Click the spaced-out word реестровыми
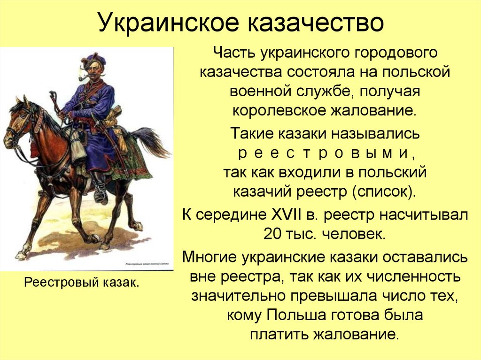pyautogui.click(x=325, y=153)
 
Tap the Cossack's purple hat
pyautogui.click(x=94, y=59)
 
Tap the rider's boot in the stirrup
pyautogui.click(x=101, y=192)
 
